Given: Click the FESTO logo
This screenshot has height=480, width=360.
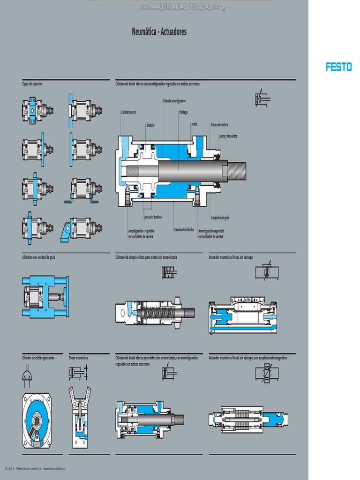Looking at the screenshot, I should pyautogui.click(x=338, y=67).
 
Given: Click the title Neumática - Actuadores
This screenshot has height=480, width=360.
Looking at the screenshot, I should pyautogui.click(x=159, y=32).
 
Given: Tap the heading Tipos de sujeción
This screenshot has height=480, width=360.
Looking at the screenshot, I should pyautogui.click(x=32, y=83).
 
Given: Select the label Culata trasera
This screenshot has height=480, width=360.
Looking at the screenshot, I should pyautogui.click(x=128, y=112).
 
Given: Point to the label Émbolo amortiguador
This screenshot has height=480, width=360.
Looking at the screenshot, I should pyautogui.click(x=174, y=101).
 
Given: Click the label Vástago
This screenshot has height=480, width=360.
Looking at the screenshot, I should pyautogui.click(x=183, y=112).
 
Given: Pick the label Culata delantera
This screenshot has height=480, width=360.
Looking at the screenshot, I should pyautogui.click(x=219, y=124).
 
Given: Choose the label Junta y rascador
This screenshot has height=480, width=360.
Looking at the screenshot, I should pyautogui.click(x=228, y=136).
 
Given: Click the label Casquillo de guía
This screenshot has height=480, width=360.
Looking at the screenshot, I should pyautogui.click(x=220, y=218).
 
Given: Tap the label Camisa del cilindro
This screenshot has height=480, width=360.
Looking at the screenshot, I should pyautogui.click(x=184, y=230).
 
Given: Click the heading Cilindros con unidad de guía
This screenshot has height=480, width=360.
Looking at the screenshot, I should pyautogui.click(x=38, y=257).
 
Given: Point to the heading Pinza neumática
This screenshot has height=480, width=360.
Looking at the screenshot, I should pyautogui.click(x=78, y=358).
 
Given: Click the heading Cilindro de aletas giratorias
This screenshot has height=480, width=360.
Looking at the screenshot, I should pyautogui.click(x=38, y=358).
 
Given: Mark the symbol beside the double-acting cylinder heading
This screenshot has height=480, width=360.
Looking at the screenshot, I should pyautogui.click(x=262, y=99).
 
